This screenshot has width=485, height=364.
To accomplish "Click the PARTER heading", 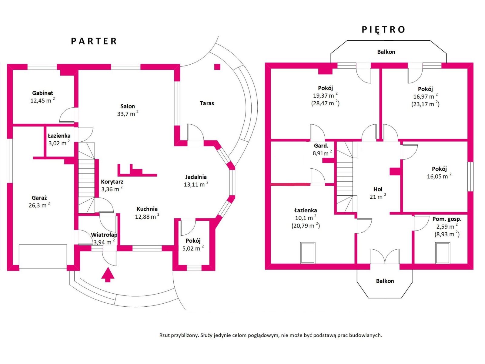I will point(94,41).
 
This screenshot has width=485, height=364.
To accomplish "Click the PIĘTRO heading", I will point(383,29).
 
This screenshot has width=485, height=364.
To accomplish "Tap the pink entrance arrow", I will point(108,275).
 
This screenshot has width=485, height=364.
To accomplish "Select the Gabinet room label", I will point(43,93).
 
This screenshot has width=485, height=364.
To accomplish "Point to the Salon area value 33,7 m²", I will point(128,114).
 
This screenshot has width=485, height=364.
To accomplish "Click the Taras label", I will point(207,103).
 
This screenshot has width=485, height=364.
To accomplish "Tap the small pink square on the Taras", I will point(217,67).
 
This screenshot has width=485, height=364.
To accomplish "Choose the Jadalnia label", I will point(196,177).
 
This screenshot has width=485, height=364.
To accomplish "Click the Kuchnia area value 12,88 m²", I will point(147,217).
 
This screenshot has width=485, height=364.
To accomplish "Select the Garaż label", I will point(39,198).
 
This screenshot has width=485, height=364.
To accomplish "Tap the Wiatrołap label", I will point(104,235).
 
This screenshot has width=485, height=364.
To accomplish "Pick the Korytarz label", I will point(112,182).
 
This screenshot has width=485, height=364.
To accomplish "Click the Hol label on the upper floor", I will point(378,189).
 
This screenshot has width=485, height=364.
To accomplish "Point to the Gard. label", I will point(321,146).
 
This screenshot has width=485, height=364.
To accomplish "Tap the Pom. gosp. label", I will point(447,219).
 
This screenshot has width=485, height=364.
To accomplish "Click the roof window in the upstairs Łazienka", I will point(308,253).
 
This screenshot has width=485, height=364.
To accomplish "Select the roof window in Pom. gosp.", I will point(443,253).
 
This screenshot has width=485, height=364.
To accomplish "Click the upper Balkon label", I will point(386,52).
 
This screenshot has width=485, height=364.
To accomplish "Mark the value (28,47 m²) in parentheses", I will point(325,103).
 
